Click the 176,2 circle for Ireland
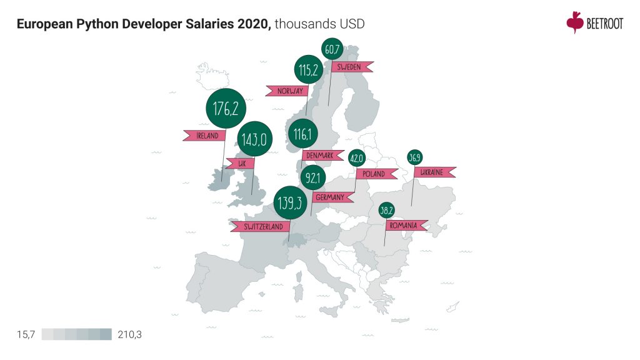tap(226, 109)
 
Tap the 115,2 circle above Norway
tap(309, 71)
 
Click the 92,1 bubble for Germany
tap(314, 179)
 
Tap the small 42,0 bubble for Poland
tap(356, 159)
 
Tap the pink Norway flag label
tap(286, 91)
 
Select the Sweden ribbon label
tap(352, 67)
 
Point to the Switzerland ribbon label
tap(260, 226)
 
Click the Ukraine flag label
tap(435, 172)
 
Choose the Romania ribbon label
tap(405, 225)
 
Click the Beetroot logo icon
tap(574, 22)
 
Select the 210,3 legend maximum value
tap(129, 334)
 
